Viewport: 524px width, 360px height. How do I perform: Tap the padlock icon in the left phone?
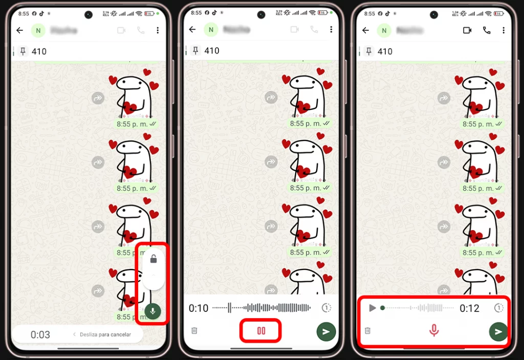153,259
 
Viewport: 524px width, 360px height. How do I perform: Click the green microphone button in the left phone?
152,311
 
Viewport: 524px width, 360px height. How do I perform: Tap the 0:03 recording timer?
40,334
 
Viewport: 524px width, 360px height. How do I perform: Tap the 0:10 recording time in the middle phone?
199,308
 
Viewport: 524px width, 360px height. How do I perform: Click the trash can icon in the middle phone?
194,331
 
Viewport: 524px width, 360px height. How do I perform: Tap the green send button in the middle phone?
326,331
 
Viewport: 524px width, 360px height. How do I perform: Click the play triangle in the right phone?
373,308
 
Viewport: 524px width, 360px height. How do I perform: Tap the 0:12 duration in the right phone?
469,308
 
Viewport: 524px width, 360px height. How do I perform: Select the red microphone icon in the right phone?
434,331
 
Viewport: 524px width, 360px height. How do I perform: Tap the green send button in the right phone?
498,331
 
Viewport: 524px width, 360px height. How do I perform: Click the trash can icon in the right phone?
367,331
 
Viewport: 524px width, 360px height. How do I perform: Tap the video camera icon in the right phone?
467,30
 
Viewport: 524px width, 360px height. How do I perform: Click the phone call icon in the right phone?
487,30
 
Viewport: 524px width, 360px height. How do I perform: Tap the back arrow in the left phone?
20,30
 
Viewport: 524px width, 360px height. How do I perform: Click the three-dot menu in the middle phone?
331,30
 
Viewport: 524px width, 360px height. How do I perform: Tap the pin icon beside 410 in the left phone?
23,51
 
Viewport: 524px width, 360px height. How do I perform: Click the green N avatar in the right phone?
384,30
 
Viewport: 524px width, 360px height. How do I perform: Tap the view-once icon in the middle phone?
326,308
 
